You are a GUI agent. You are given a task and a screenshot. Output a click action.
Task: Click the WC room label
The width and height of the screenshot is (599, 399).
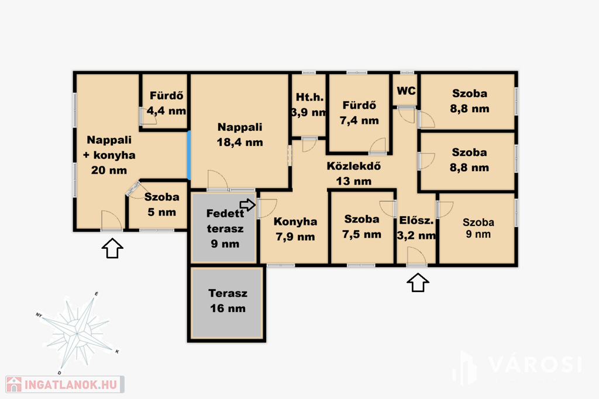coord(406,91)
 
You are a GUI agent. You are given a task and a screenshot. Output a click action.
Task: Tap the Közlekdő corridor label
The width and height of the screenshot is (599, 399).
coord(354,174)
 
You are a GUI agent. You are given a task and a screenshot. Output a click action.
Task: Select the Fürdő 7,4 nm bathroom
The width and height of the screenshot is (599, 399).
coord(359,113)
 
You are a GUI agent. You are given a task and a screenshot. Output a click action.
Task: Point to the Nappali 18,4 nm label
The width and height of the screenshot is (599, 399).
coord(240,134)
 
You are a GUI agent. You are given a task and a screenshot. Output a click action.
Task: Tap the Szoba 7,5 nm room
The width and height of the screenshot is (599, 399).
coord(362,227)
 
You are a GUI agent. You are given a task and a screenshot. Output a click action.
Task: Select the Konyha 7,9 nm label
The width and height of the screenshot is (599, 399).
coord(295,229)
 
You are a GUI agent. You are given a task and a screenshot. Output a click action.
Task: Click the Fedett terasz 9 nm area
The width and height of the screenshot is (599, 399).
coord(225,228)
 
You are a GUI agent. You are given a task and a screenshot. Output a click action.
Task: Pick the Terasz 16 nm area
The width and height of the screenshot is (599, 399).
coord(228,301)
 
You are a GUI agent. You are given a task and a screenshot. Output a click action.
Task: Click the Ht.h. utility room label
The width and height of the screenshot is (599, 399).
coord(309,105)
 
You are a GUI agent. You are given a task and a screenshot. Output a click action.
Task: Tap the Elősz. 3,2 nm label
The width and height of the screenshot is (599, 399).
coord(416,228)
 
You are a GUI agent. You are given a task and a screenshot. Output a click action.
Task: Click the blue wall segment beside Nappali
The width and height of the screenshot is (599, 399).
coord(189,155)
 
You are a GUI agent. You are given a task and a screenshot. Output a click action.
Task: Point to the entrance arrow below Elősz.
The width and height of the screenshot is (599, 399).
coord(418,283)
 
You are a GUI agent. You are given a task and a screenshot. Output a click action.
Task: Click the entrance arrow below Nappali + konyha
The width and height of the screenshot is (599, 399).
coord(112,248)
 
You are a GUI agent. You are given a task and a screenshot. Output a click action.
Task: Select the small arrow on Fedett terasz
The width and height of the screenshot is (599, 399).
coord(248,205)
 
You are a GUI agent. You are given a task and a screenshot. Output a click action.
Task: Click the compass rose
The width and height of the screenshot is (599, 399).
coord(78,333)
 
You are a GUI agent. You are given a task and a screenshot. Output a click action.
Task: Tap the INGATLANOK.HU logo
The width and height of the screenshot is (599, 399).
coord(65,384)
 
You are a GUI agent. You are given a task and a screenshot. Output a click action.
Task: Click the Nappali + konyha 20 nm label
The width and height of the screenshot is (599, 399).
coord(109,155)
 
